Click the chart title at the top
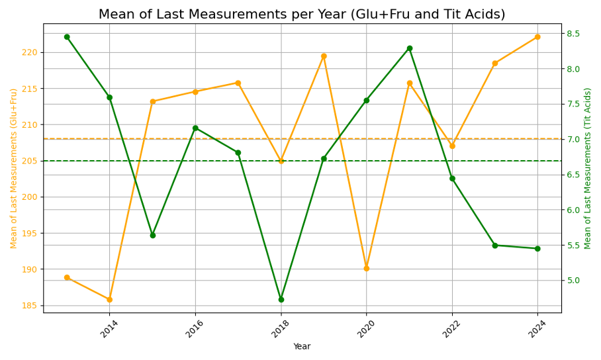pyautogui.click(x=302, y=15)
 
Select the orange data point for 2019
pyautogui.click(x=324, y=56)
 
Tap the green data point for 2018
pyautogui.click(x=281, y=300)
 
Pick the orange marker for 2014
pyautogui.click(x=110, y=300)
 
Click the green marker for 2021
pyautogui.click(x=410, y=48)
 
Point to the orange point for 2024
pyautogui.click(x=537, y=37)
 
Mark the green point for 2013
pyautogui.click(x=67, y=37)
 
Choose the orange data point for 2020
pyautogui.click(x=367, y=269)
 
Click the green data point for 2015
pyautogui.click(x=152, y=236)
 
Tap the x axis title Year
pyautogui.click(x=302, y=347)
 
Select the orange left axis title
pyautogui.click(x=14, y=168)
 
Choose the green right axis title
pyautogui.click(x=588, y=168)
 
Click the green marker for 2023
pyautogui.click(x=495, y=246)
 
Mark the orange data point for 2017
pyautogui.click(x=238, y=83)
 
